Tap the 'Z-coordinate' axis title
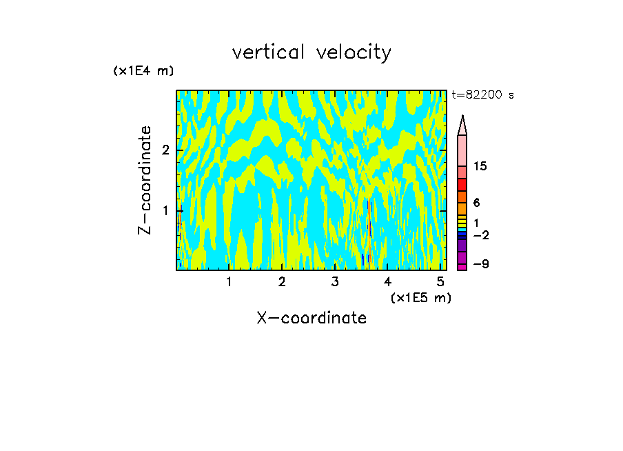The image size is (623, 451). tap(145, 180)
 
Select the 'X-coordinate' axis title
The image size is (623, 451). tap(311, 318)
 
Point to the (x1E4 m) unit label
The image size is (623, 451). tap(143, 71)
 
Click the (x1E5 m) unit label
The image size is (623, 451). tap(420, 297)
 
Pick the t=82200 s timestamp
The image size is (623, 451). tap(482, 95)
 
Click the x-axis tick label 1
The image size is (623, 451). tap(229, 281)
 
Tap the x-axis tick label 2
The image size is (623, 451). tap(282, 281)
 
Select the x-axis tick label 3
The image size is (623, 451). tap(335, 281)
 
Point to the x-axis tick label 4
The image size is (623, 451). tap(387, 281)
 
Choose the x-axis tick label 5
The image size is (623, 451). tap(440, 281)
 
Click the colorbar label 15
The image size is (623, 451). tap(480, 166)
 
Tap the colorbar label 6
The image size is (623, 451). tap(476, 203)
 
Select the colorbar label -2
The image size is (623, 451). tap(480, 235)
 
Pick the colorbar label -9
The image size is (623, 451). tap(480, 264)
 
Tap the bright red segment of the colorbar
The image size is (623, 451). tap(462, 184)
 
